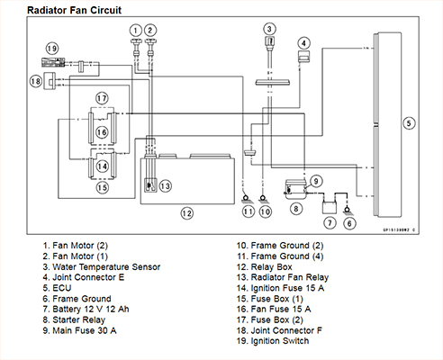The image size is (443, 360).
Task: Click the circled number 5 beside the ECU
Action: (x=409, y=123)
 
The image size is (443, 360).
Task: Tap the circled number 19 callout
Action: (x=52, y=49)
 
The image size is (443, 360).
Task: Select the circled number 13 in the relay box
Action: (x=166, y=186)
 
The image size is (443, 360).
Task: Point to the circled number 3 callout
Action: (x=269, y=29)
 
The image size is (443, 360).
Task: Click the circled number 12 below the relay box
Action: (x=186, y=213)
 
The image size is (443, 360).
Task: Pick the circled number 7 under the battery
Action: (x=330, y=223)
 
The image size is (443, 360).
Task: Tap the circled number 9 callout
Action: (x=316, y=181)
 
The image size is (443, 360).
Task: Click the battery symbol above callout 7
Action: (x=330, y=207)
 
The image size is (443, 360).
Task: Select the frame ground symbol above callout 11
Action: (x=246, y=199)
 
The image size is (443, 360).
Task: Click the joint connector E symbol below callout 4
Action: (x=304, y=57)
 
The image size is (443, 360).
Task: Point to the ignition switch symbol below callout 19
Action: (x=53, y=62)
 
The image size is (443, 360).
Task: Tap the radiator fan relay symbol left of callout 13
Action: (x=150, y=186)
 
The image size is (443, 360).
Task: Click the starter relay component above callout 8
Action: (x=295, y=190)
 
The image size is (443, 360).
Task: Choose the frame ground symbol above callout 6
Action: (x=348, y=210)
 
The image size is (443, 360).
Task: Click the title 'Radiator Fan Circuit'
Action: (x=75, y=10)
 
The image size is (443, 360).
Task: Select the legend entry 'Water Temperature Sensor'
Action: (x=106, y=266)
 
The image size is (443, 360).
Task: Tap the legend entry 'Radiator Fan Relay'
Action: (x=290, y=277)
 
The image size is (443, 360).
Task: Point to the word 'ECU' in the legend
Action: (x=62, y=288)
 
